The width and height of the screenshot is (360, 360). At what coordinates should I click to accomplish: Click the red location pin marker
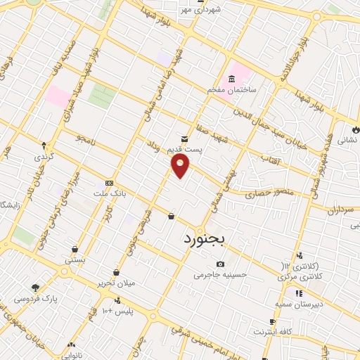[x=181, y=166]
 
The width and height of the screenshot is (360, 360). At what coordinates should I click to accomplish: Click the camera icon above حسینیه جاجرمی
[x=221, y=264]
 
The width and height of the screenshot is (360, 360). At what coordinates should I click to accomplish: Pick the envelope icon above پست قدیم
[x=184, y=139]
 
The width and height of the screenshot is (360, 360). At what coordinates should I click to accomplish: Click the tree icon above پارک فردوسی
[x=35, y=287]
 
